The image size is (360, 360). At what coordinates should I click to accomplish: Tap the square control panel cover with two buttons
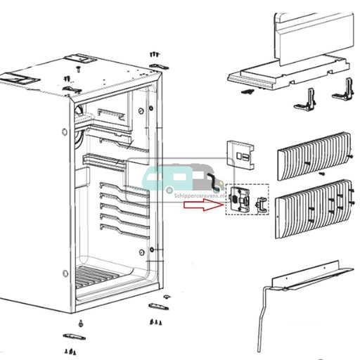click(240, 155)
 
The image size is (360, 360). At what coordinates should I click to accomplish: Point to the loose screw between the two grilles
click(321, 173)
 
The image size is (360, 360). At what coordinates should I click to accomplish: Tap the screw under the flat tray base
click(245, 92)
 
